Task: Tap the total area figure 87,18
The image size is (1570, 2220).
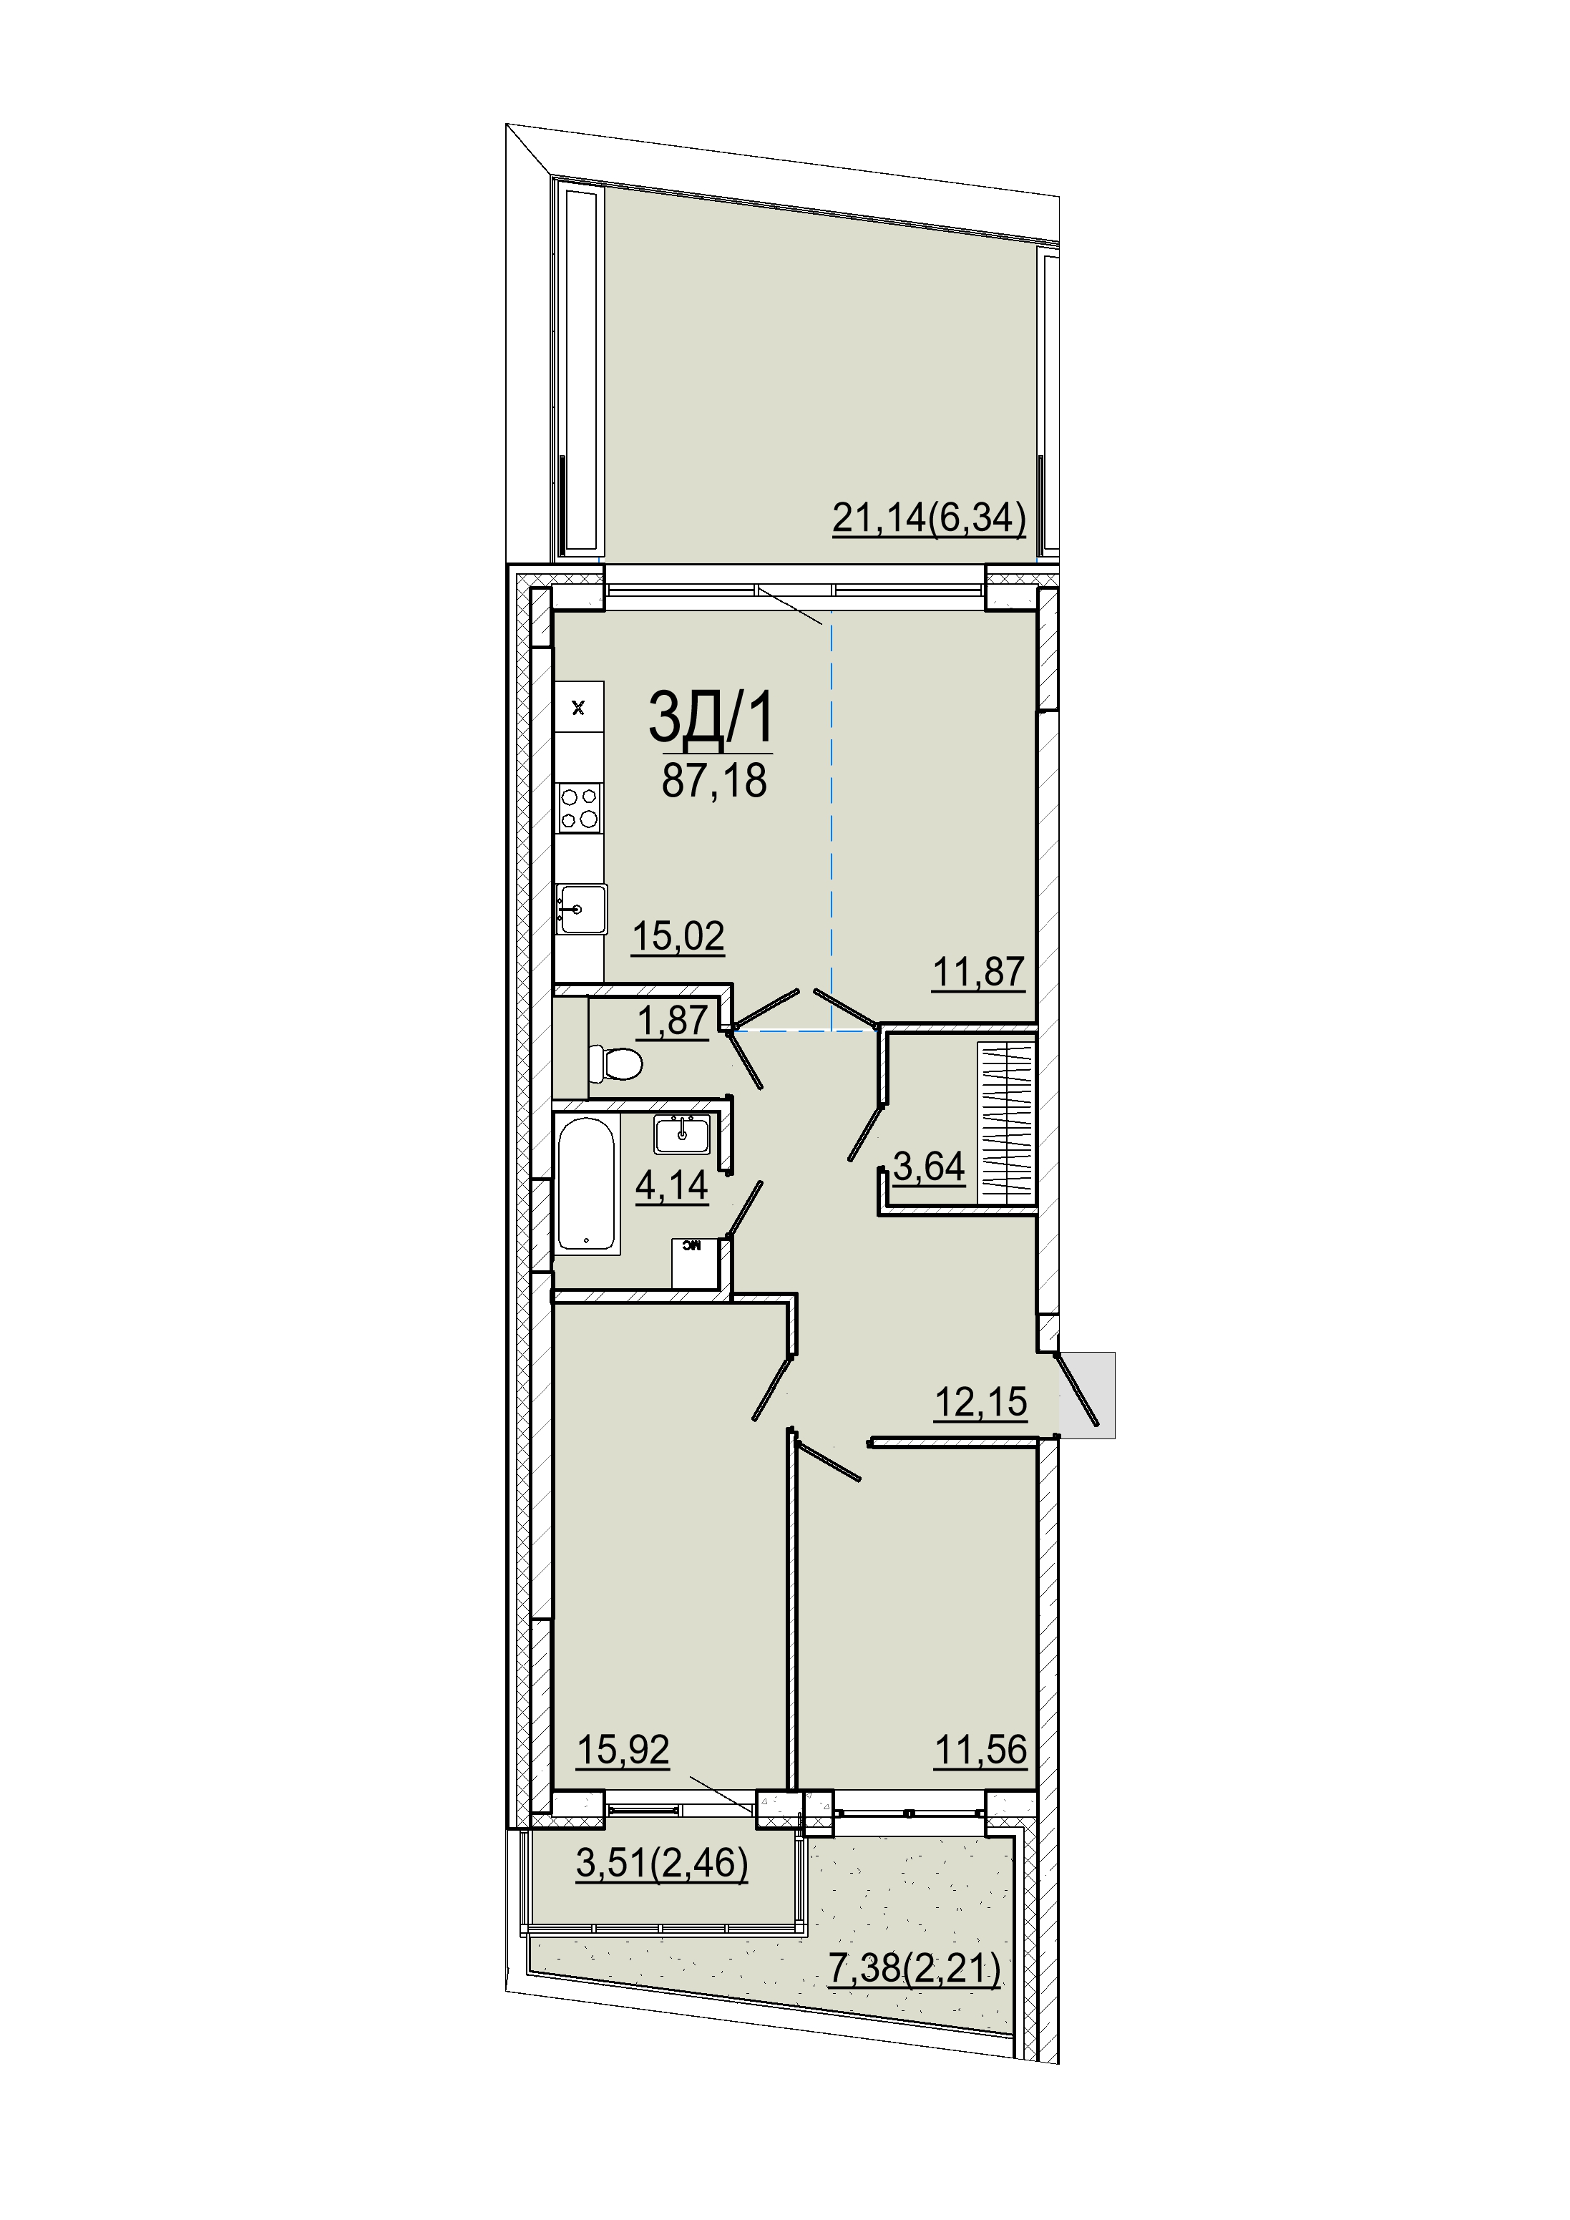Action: click(x=713, y=780)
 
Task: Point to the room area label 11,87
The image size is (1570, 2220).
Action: click(x=978, y=972)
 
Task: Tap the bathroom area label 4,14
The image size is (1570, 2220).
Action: click(x=672, y=1185)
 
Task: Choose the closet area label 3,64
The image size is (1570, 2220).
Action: click(x=928, y=1167)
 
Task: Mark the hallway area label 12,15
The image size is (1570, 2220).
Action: click(x=980, y=1402)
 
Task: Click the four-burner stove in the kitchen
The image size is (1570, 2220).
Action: click(x=579, y=808)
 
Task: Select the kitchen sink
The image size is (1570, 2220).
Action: click(x=582, y=909)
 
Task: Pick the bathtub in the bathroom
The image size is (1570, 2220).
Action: click(x=586, y=1184)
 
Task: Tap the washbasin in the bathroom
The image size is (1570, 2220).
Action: click(x=683, y=1134)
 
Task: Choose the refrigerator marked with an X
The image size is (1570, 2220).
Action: click(x=579, y=708)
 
